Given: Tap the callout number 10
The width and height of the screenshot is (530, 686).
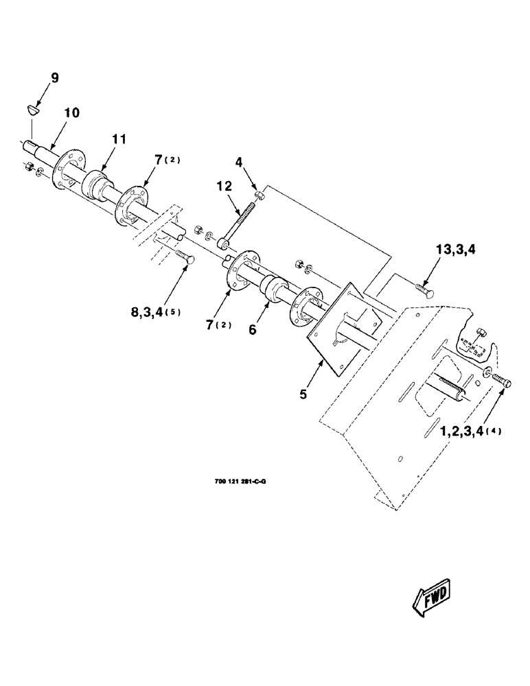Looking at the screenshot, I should [72, 112].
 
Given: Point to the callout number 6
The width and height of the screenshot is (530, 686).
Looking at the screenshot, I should [253, 329].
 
